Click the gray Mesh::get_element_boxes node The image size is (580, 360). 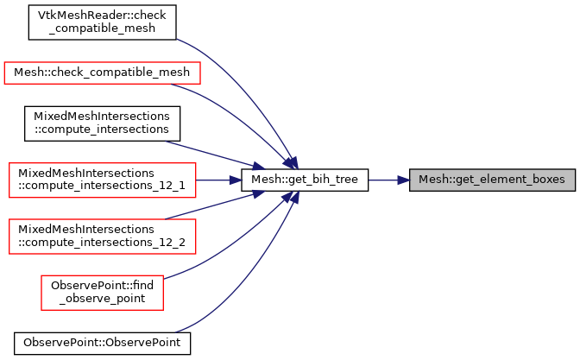[x=491, y=180]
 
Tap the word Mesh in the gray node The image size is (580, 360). [x=432, y=180]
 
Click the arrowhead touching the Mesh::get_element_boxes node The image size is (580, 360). [x=403, y=180]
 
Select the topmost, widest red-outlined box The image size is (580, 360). [x=102, y=73]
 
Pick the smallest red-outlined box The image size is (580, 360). [x=102, y=292]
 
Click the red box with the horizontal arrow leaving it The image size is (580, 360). [x=102, y=180]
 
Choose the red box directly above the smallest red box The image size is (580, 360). [x=102, y=237]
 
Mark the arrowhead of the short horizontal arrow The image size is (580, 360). [x=236, y=180]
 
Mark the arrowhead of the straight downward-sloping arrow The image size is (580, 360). [x=257, y=166]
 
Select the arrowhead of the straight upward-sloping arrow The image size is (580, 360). [x=257, y=194]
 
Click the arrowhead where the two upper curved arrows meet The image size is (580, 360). [x=291, y=162]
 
